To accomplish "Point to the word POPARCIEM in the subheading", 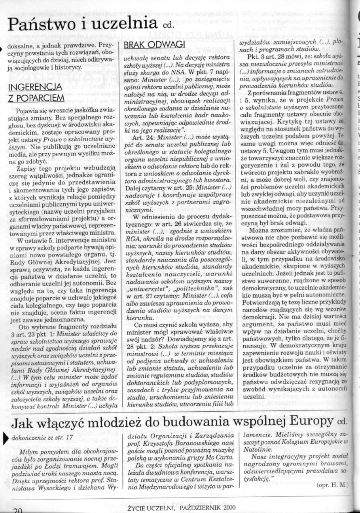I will pyautogui.click(x=36, y=97).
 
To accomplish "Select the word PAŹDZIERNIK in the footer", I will pyautogui.click(x=197, y=506).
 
